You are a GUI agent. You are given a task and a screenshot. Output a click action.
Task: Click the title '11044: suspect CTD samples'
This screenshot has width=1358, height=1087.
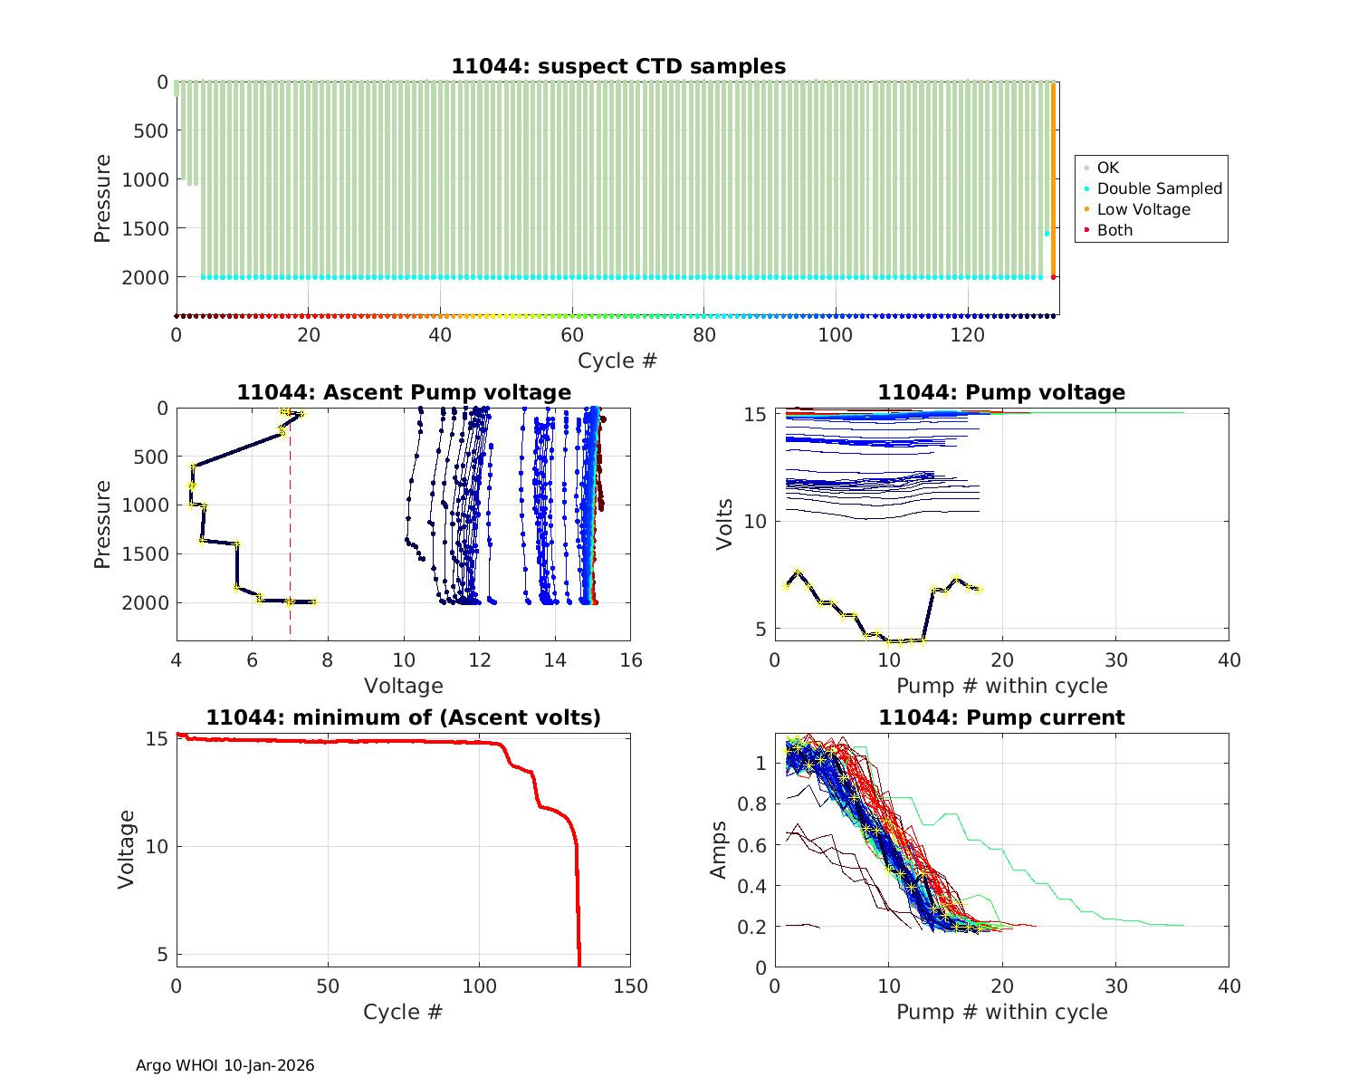(x=618, y=66)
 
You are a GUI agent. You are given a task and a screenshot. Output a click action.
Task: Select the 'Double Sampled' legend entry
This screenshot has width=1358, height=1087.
(x=1159, y=188)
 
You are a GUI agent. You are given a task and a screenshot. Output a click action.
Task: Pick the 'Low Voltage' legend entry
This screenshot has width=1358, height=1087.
(x=1143, y=209)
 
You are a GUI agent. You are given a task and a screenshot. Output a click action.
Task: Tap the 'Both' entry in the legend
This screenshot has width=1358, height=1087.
(x=1114, y=230)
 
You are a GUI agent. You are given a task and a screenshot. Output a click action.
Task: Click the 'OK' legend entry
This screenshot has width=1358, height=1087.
(x=1107, y=168)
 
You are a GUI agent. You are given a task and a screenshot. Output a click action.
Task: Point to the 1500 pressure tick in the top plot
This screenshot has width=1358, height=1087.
(x=145, y=228)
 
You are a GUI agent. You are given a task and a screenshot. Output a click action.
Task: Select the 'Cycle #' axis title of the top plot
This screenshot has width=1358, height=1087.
(x=617, y=361)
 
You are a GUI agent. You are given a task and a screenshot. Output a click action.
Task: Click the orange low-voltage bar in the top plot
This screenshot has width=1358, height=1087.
(x=1053, y=181)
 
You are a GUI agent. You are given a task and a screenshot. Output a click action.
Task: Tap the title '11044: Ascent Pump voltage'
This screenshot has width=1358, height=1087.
(x=404, y=392)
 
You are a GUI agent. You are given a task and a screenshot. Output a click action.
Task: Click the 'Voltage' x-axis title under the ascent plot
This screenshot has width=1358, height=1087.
(x=404, y=686)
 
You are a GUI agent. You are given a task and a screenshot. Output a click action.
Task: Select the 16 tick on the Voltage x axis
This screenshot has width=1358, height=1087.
(x=631, y=659)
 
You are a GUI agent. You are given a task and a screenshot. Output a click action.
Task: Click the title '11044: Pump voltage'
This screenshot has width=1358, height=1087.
(x=1001, y=392)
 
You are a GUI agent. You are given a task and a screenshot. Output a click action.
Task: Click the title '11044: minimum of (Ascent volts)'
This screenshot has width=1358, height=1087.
(x=404, y=717)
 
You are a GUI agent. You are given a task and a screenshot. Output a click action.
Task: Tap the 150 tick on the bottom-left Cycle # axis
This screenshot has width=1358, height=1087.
(x=631, y=986)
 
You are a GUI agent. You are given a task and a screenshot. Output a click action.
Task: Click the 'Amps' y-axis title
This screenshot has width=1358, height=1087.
(x=719, y=850)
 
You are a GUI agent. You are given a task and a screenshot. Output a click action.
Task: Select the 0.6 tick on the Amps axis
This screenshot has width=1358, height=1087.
(x=755, y=845)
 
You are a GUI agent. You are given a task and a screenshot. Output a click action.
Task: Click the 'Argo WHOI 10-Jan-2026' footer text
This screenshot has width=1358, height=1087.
(x=225, y=1065)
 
